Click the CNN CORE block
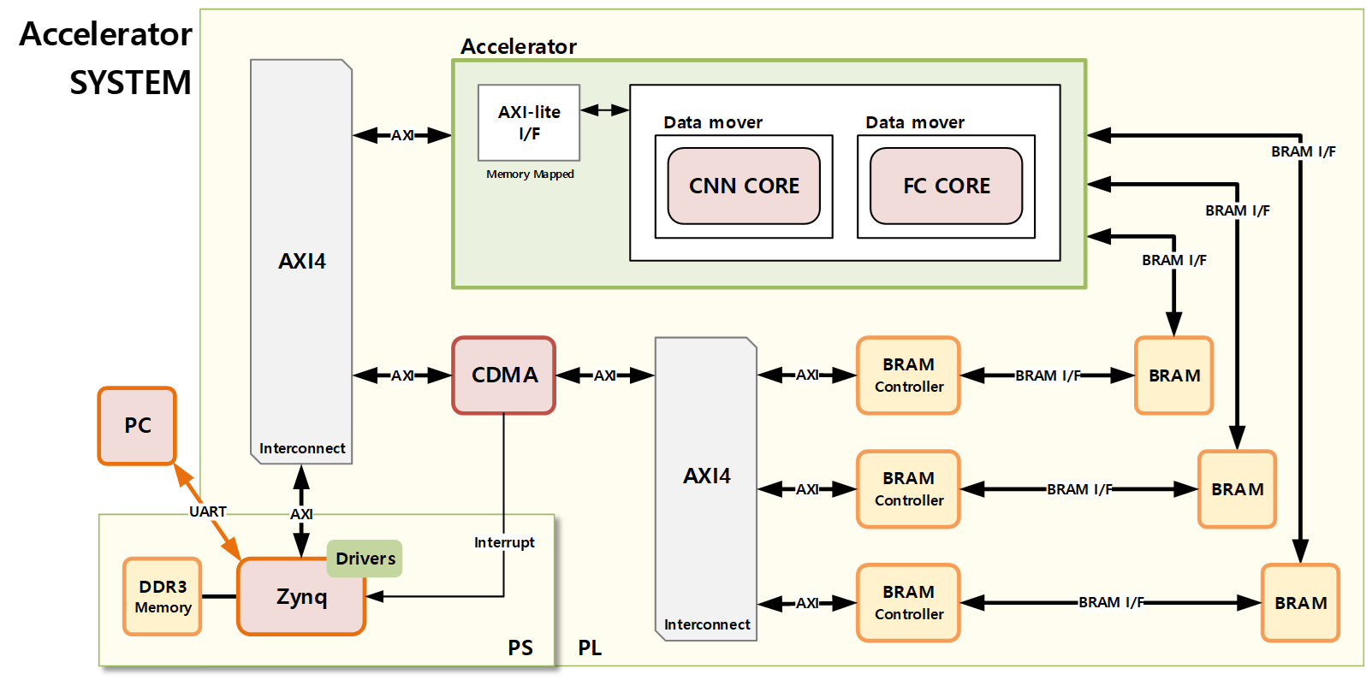point(744,186)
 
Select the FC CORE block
point(946,186)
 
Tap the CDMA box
point(504,375)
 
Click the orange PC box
point(137,425)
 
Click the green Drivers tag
point(365,559)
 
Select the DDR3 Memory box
point(163,596)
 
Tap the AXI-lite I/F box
point(529,122)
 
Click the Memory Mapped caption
point(530,174)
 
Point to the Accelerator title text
point(519,46)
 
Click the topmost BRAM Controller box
point(908,375)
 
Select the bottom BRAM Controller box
point(908,602)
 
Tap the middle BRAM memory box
point(1237,489)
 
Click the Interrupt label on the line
point(504,542)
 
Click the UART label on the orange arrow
point(207,511)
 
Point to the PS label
point(520,647)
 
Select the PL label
point(590,647)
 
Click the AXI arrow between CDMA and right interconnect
point(605,375)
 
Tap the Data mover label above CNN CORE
point(713,122)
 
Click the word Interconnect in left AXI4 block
point(302,448)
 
